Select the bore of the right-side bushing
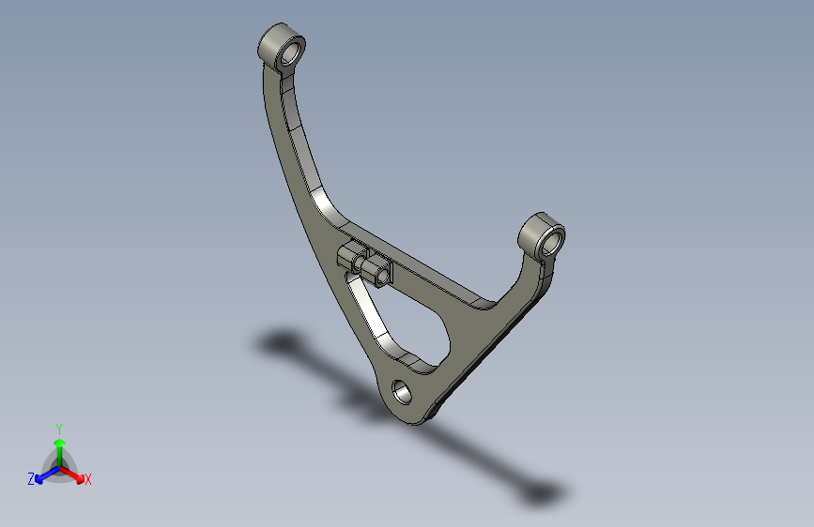551,239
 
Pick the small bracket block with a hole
380,273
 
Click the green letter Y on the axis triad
58,428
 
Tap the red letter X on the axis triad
88,479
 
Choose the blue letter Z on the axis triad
31,478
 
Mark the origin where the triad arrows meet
59,466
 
